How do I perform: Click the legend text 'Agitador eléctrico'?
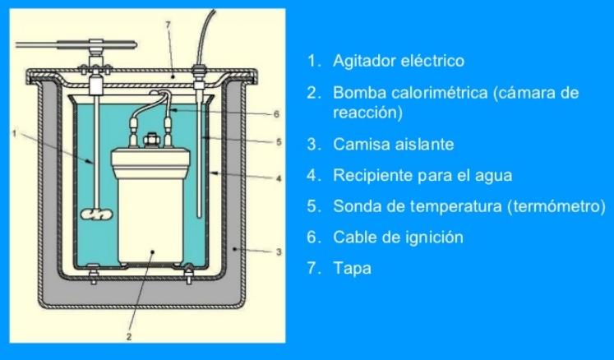tap(398, 61)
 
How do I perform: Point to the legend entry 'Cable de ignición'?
tap(398, 238)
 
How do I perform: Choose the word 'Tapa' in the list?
tap(352, 269)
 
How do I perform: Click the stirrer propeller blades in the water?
tap(96, 215)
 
